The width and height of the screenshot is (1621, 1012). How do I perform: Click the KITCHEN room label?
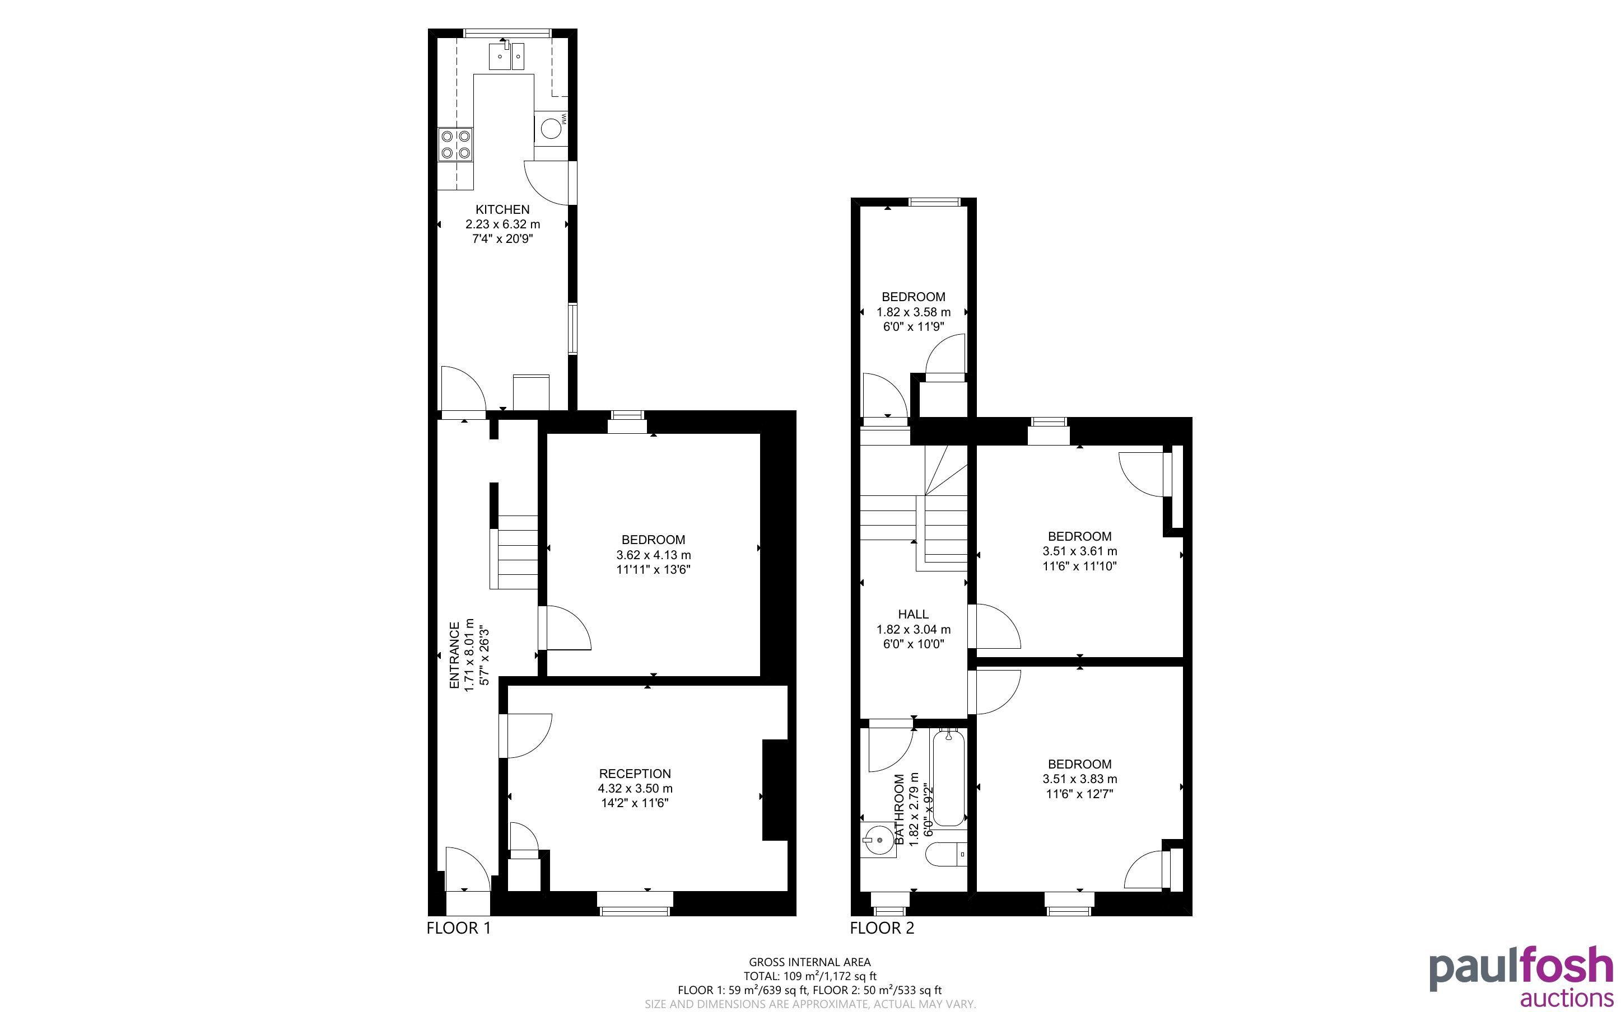(502, 209)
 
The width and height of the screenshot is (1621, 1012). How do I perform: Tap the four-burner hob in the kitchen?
(455, 144)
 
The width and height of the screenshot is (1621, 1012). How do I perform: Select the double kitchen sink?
(508, 55)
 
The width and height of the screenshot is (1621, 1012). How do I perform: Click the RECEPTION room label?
(635, 774)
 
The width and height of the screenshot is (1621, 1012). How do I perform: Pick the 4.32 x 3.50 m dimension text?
(635, 789)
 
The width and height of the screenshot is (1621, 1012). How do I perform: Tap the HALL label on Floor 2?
(913, 615)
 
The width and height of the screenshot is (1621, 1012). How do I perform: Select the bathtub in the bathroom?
(949, 777)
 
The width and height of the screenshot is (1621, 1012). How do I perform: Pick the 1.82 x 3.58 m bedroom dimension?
(913, 312)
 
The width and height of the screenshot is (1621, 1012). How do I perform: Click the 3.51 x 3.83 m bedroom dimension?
(1079, 779)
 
